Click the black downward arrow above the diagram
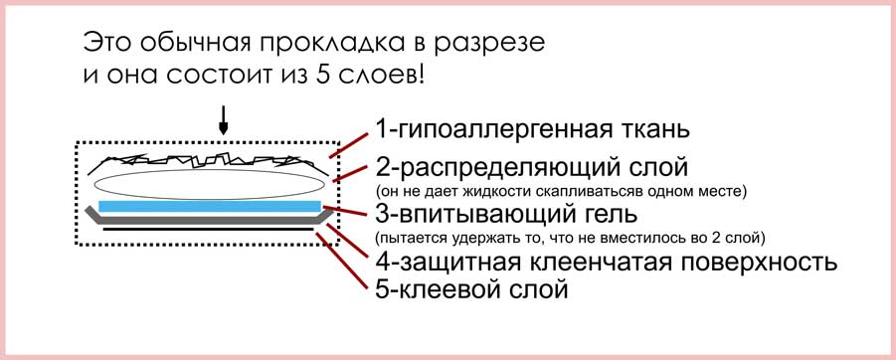click(223, 120)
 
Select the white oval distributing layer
click(210, 183)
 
